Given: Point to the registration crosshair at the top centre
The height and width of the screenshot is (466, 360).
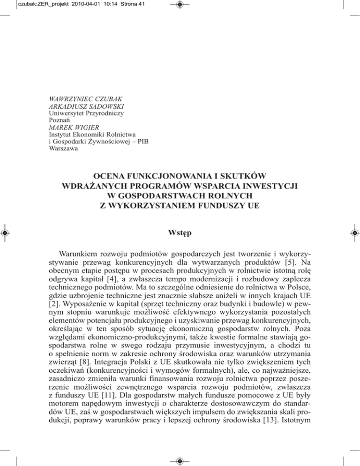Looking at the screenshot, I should point(180,6).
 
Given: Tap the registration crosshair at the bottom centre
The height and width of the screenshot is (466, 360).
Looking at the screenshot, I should point(180,460).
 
